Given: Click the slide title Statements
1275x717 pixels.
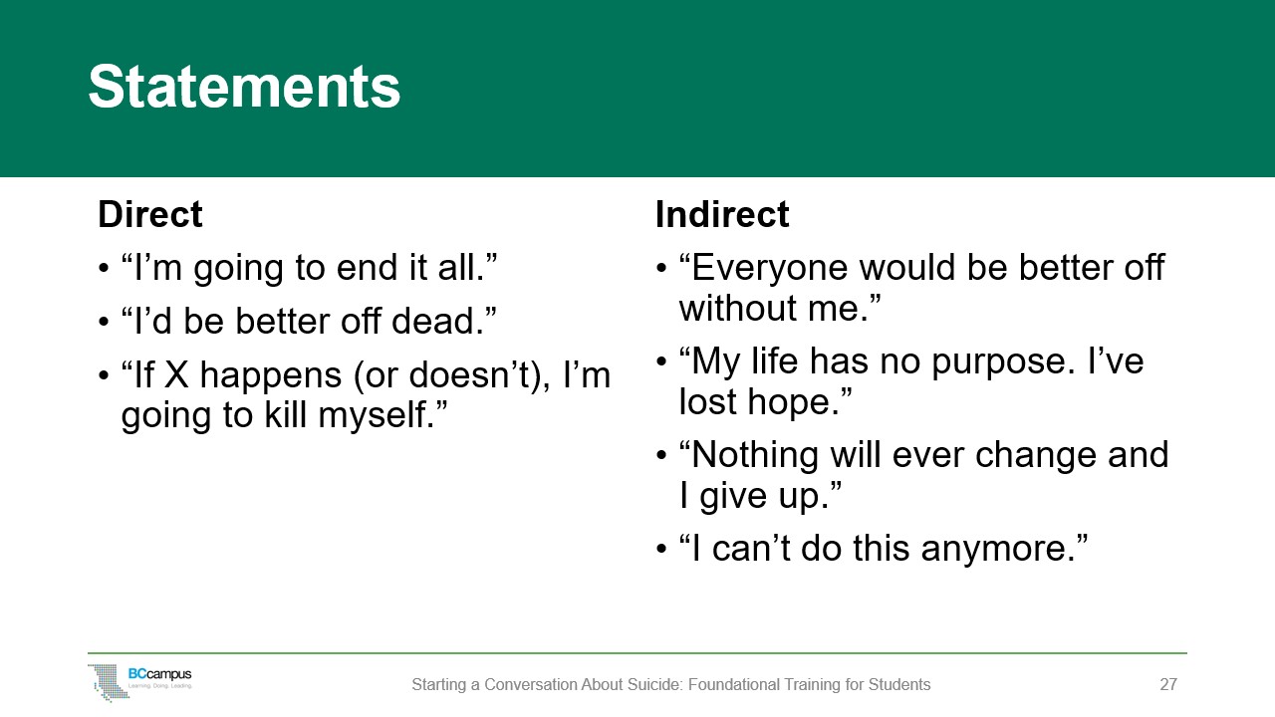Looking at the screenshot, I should [x=244, y=88].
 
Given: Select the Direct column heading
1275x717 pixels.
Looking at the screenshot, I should [x=150, y=215].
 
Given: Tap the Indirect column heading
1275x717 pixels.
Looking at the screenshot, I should [x=722, y=215].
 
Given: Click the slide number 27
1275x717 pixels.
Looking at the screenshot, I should [x=1168, y=685].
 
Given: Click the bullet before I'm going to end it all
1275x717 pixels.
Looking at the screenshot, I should [x=105, y=270].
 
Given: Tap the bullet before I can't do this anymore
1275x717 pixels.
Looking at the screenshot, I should [x=662, y=551].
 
